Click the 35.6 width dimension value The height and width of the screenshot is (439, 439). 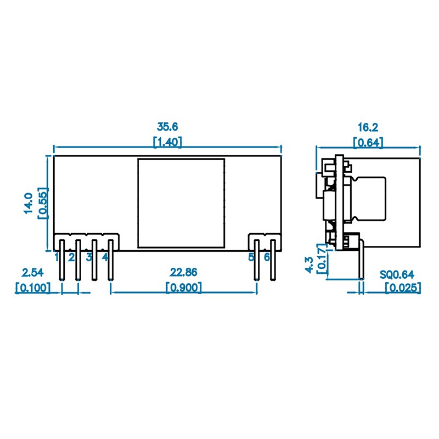click(167, 127)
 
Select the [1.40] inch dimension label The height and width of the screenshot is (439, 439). click(167, 142)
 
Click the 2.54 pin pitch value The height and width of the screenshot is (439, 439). click(32, 272)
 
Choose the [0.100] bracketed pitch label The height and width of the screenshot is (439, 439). click(32, 287)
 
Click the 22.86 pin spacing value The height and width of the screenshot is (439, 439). click(183, 272)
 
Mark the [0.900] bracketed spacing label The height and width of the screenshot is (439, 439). click(183, 287)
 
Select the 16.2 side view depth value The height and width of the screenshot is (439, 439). click(368, 127)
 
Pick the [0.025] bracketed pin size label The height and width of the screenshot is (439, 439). click(402, 287)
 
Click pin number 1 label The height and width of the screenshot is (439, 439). click(57, 257)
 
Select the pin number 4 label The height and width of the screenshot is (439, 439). click(105, 257)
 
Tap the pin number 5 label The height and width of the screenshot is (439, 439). click(251, 257)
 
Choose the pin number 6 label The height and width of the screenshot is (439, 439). click(267, 257)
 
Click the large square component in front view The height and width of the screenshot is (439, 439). click(181, 203)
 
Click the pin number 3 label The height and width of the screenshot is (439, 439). click(88, 257)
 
